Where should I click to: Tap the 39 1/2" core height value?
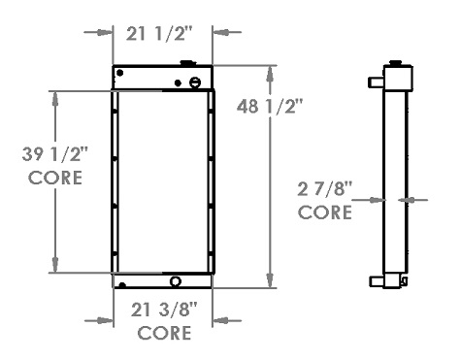(55, 154)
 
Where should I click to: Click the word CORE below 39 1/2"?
(55, 178)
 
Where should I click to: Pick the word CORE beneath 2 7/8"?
(325, 213)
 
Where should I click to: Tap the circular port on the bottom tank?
(176, 282)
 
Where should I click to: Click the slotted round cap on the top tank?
(195, 82)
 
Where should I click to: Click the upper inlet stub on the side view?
(376, 82)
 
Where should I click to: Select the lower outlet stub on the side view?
(376, 282)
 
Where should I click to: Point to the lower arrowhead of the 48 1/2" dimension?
(270, 284)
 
